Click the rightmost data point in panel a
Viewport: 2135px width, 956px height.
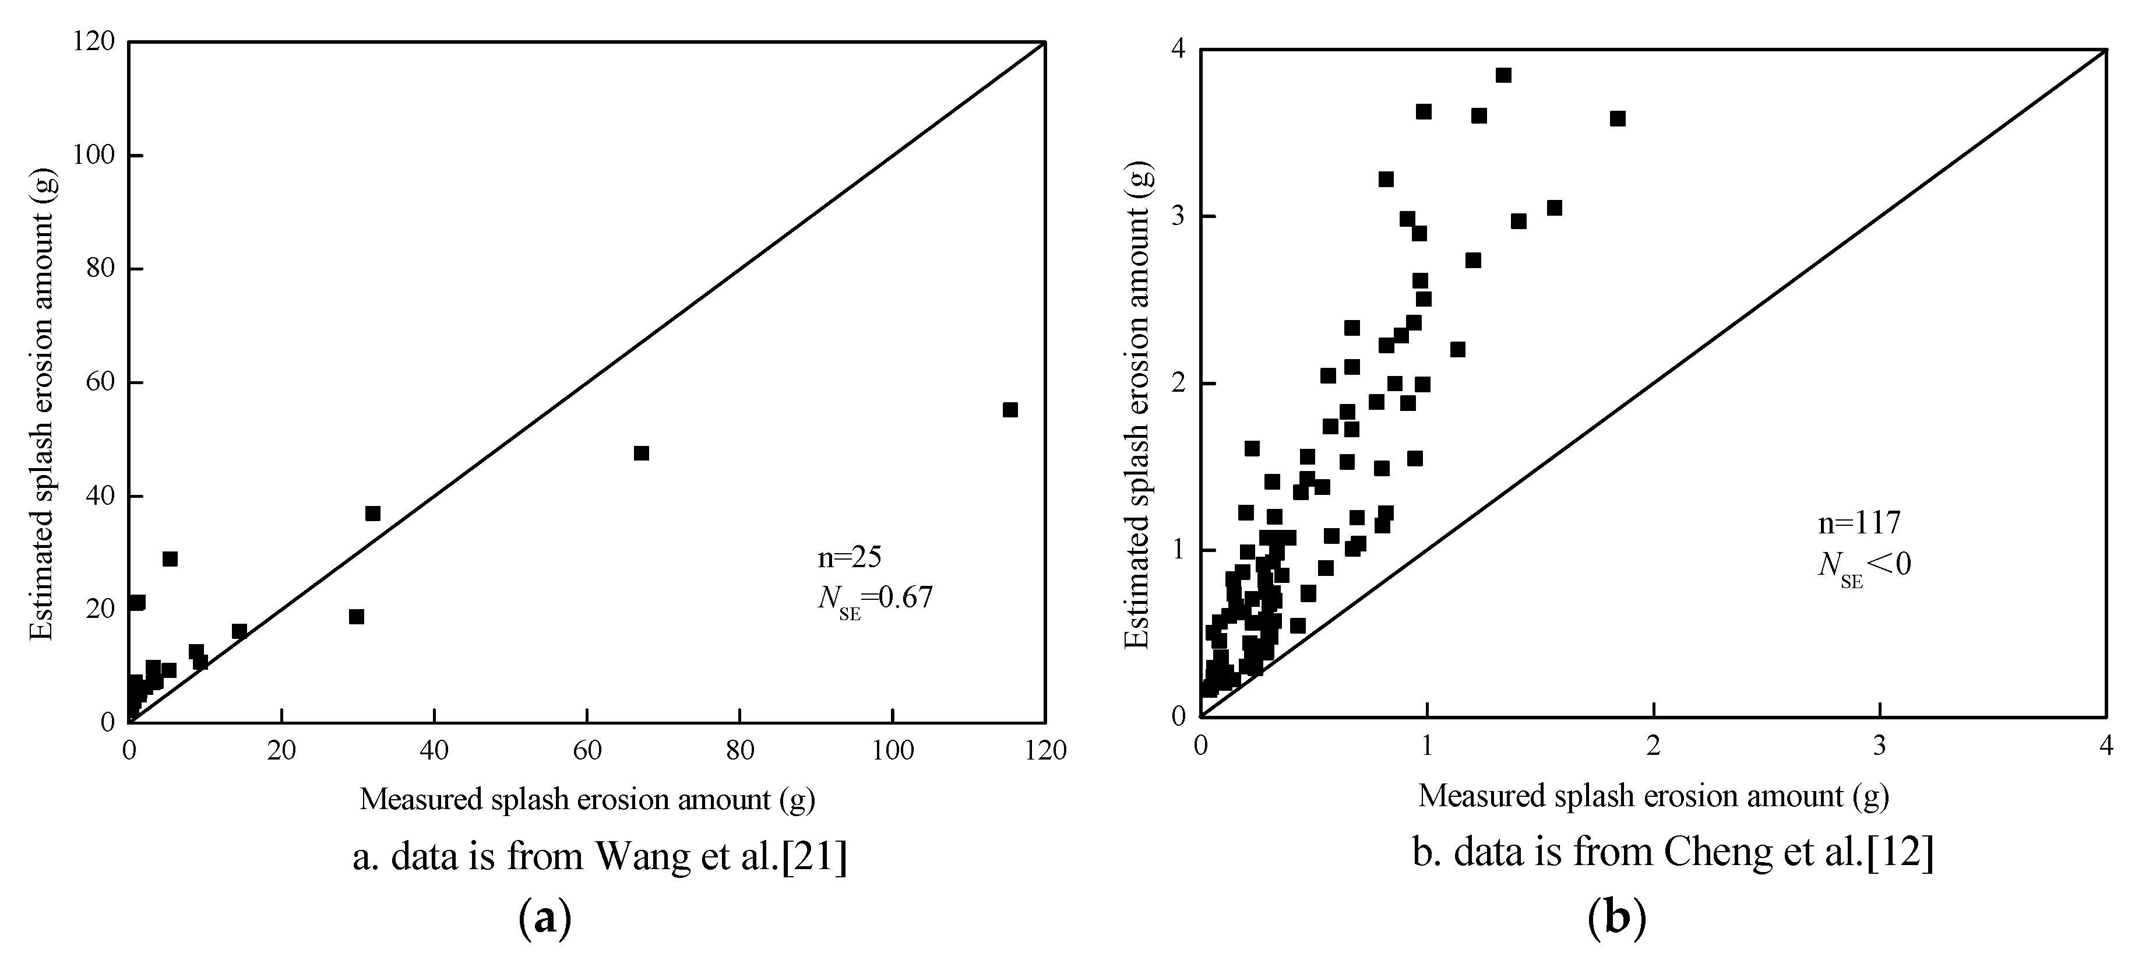click(x=1009, y=410)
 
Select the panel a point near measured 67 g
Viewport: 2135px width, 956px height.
click(x=640, y=453)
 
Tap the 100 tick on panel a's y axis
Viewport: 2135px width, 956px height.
click(x=94, y=156)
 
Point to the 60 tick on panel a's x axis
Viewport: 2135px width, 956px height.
click(x=587, y=750)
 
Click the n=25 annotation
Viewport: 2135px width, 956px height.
click(x=848, y=557)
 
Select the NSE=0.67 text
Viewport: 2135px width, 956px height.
click(x=875, y=599)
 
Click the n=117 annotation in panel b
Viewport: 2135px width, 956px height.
click(x=1858, y=523)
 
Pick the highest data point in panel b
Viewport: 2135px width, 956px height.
click(x=1503, y=75)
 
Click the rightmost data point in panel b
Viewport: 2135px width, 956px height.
click(x=1617, y=118)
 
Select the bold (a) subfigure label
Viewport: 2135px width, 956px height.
click(x=544, y=919)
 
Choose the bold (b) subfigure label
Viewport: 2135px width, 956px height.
click(x=1616, y=919)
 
